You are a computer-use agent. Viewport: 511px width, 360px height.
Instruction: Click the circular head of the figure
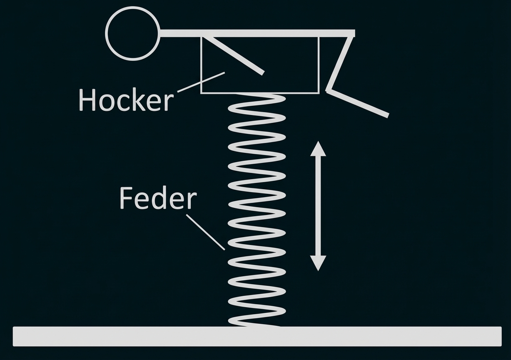click(132, 33)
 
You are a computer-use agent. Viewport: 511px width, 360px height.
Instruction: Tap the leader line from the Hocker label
click(201, 82)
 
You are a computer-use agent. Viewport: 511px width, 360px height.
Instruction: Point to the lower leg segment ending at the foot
click(359, 102)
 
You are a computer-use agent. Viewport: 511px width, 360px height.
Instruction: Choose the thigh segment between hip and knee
click(340, 62)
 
